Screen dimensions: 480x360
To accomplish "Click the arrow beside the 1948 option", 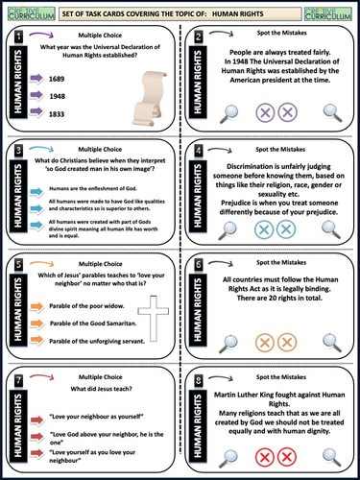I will (50, 97).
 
